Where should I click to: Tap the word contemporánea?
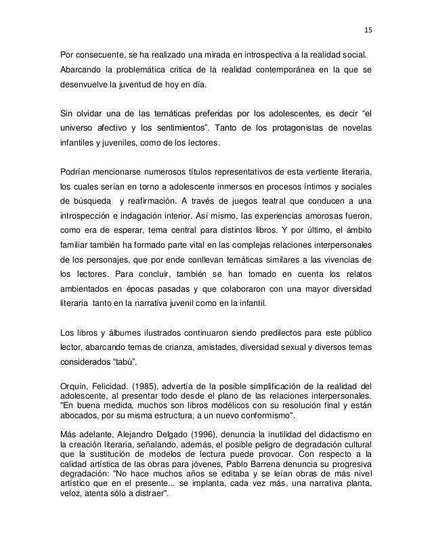294,70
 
